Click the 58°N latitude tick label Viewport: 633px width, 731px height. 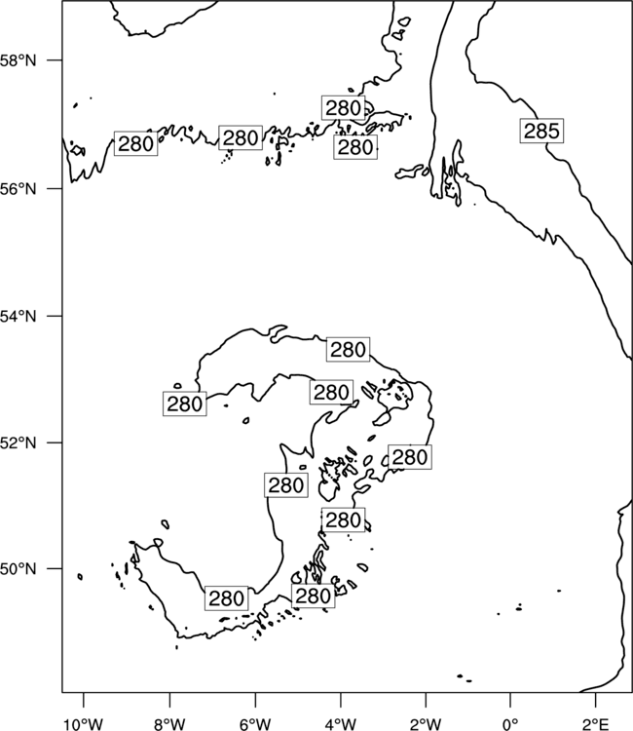pos(18,60)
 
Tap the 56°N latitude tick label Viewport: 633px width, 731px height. pos(18,189)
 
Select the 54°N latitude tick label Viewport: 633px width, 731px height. pos(18,317)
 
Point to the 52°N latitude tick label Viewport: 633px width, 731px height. pos(18,442)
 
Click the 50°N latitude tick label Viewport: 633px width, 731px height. pos(18,569)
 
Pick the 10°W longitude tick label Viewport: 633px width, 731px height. pos(84,724)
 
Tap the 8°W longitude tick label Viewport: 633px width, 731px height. pos(169,724)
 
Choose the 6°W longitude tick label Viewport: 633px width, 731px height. pos(255,724)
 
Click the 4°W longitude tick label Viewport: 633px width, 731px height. pos(341,724)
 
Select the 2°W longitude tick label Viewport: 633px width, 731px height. pos(426,724)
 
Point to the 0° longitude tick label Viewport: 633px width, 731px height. pos(510,724)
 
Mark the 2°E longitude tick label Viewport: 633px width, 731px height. pos(596,724)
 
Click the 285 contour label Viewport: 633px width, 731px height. pos(541,131)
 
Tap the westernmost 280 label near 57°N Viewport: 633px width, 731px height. pos(135,143)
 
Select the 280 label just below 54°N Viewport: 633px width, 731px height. pos(348,349)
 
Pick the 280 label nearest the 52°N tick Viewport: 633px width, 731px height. pos(184,404)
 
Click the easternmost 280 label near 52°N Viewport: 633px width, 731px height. pos(409,457)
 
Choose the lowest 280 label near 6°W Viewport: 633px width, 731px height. pos(226,598)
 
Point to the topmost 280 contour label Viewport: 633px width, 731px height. pos(344,108)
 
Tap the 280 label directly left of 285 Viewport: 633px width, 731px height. pos(355,147)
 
